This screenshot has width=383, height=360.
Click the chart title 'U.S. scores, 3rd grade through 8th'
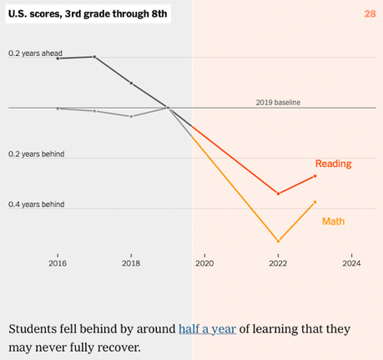[88, 13]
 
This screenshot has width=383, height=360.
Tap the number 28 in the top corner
[369, 13]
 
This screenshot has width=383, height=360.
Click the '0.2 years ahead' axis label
[35, 53]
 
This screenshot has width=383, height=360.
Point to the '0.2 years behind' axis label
[36, 155]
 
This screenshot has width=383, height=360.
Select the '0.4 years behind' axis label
[36, 205]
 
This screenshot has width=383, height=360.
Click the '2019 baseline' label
[278, 102]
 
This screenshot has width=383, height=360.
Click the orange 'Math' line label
[333, 221]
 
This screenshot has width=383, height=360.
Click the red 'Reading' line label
[333, 164]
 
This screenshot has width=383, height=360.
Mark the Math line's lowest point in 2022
[278, 241]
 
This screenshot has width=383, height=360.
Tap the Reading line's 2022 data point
[278, 193]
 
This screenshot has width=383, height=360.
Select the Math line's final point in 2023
[315, 202]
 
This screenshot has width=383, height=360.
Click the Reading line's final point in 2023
[315, 176]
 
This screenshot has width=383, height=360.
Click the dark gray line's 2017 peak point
[94, 57]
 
